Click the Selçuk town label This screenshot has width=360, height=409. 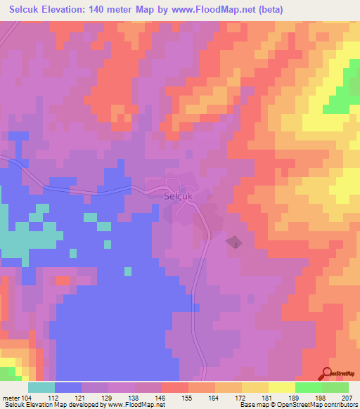179,197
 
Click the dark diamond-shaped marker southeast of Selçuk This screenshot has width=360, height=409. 233,242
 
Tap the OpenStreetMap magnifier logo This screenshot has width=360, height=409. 327,373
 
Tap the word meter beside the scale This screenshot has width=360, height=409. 13,397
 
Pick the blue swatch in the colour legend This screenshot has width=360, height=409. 68,387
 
